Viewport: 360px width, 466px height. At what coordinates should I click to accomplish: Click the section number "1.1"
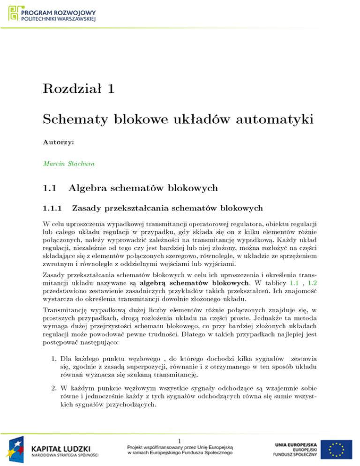(x=50, y=189)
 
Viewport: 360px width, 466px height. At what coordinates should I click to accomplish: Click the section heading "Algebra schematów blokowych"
(x=143, y=189)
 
